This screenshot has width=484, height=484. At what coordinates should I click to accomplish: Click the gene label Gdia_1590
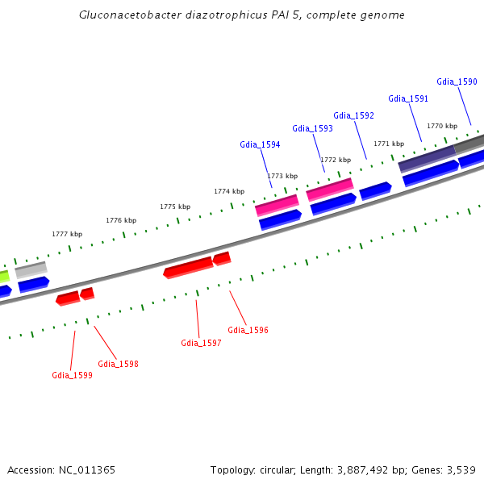point(457,81)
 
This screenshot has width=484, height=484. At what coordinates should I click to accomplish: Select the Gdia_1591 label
point(408,98)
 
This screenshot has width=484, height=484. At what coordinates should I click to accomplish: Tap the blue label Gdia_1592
point(353,115)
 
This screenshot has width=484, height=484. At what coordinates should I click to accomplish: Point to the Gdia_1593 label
point(312,128)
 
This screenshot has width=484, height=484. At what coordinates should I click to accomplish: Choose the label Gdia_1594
point(260,144)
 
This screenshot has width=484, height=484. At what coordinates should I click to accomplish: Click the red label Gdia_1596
point(248,330)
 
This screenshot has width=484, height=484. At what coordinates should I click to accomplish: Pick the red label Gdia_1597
point(201,343)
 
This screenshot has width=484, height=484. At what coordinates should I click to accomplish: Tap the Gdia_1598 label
point(118,364)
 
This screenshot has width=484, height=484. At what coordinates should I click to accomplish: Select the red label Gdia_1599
point(72,375)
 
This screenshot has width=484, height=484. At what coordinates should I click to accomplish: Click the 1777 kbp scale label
point(67,234)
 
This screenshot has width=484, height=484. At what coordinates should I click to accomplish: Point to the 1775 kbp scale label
point(175,207)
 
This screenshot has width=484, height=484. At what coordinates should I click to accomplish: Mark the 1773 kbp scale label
point(282,176)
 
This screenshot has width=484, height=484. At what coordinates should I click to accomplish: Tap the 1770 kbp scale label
point(442,126)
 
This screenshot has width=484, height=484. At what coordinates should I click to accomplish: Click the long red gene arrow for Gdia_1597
point(188,266)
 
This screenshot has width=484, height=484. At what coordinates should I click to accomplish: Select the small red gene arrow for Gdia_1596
point(222,258)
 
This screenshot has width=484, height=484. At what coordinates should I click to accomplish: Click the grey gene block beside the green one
point(31,269)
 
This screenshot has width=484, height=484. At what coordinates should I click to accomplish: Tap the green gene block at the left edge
point(4,276)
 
